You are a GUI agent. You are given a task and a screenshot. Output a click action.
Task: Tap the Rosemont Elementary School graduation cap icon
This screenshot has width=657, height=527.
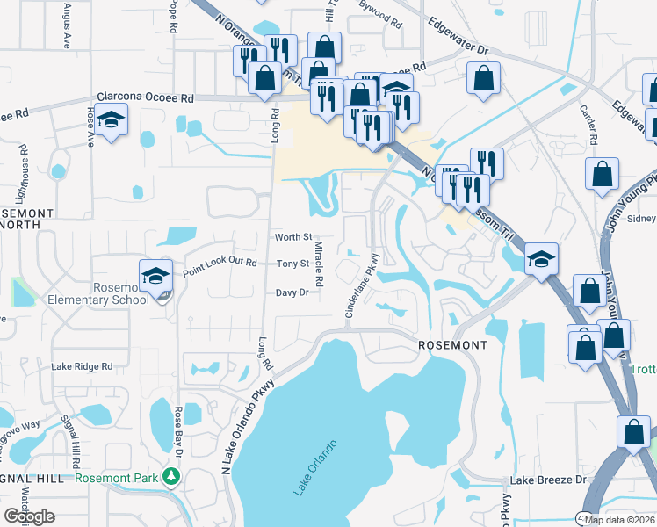[155, 274]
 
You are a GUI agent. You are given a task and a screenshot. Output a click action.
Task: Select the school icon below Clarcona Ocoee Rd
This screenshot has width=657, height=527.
[112, 119]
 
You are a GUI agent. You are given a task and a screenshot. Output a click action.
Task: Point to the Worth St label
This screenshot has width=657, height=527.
[293, 237]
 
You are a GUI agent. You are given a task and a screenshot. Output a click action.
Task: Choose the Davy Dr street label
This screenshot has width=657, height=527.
[292, 292]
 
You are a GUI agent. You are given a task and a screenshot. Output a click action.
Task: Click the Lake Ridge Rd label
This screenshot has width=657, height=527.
[82, 366]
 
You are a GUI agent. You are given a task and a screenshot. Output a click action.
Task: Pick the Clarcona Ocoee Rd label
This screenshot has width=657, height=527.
[145, 99]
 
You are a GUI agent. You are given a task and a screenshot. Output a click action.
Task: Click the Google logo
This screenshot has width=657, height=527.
[29, 516]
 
